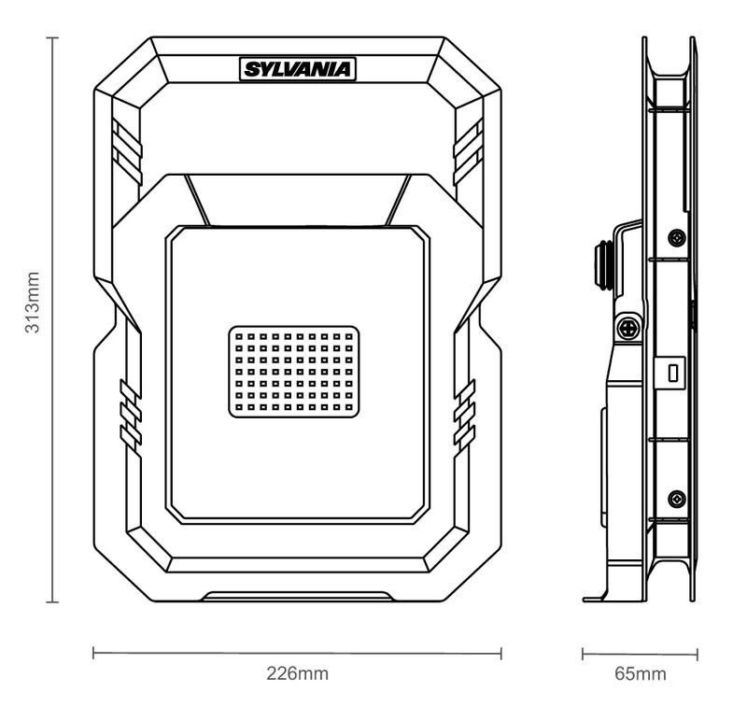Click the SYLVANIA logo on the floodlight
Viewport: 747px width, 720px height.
click(298, 69)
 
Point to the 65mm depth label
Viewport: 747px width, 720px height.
click(641, 673)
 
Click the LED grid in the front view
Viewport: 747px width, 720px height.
click(294, 371)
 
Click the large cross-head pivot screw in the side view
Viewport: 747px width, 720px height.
click(627, 328)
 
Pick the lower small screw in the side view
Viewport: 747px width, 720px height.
click(678, 497)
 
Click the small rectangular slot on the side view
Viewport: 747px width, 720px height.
click(671, 371)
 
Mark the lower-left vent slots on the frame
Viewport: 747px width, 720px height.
click(129, 411)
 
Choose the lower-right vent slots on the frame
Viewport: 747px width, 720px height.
click(464, 411)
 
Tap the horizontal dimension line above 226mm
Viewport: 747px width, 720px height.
click(297, 653)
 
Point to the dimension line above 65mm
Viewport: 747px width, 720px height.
click(641, 653)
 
